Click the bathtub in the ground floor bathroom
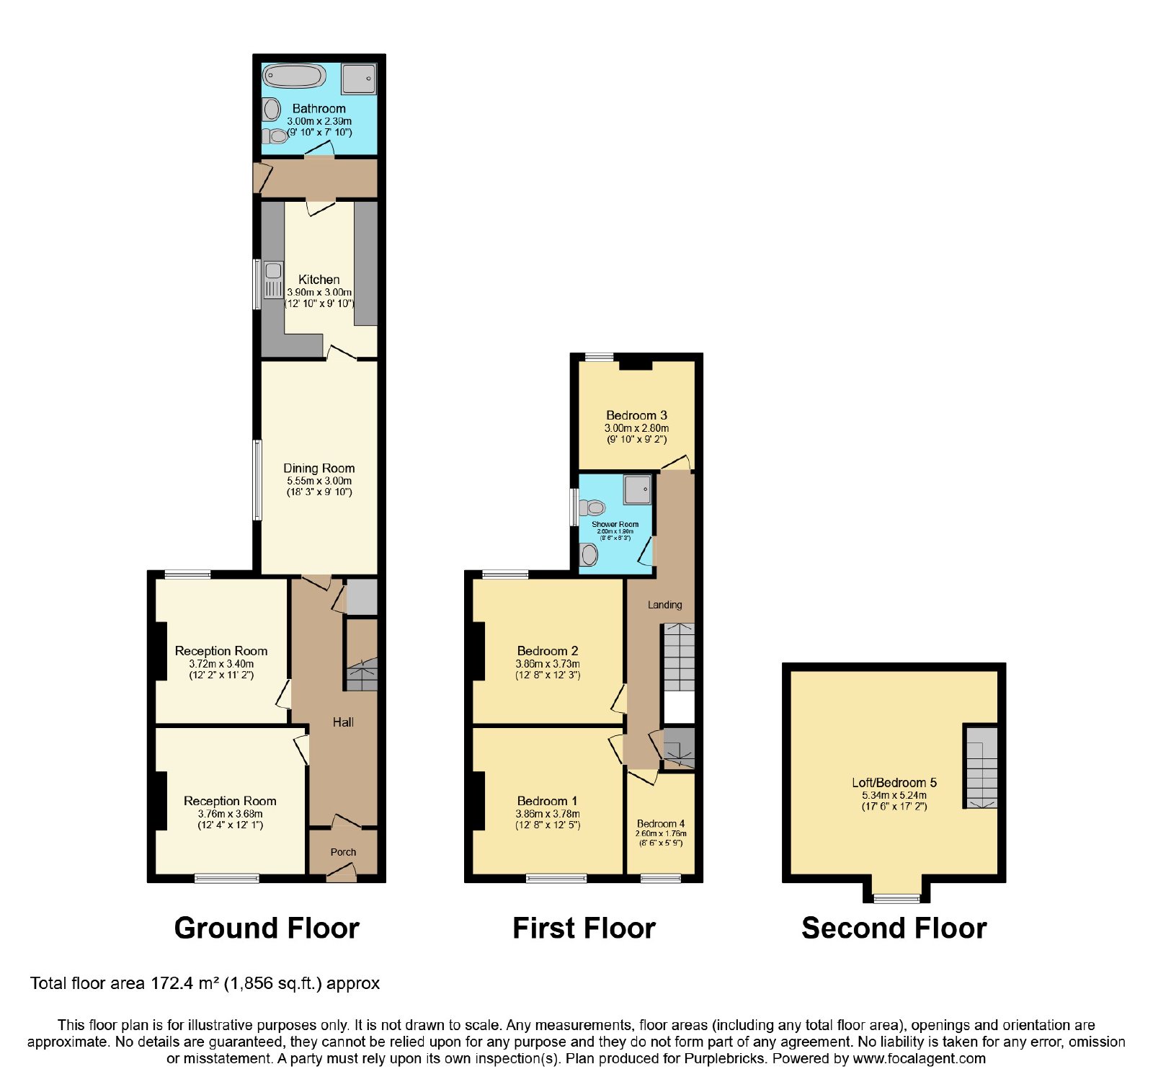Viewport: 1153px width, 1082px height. [294, 76]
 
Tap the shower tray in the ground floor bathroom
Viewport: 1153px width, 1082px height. [359, 79]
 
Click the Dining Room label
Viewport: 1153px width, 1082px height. [319, 468]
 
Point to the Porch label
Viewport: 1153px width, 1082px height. [343, 852]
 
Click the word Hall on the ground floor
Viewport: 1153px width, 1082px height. [343, 722]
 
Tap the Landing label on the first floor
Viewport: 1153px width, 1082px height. [664, 605]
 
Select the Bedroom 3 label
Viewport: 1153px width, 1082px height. [636, 415]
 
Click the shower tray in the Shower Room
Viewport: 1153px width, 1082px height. [638, 489]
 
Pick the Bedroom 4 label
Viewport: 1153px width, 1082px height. [661, 823]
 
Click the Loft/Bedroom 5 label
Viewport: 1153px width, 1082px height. [894, 782]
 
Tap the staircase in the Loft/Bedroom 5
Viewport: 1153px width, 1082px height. [981, 766]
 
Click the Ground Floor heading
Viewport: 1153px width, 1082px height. [267, 928]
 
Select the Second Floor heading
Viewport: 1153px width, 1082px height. [894, 928]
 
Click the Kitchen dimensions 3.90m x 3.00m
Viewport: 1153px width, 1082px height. [319, 293]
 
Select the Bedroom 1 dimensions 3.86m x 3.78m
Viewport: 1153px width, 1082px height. [548, 814]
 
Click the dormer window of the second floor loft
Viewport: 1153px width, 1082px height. [896, 898]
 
